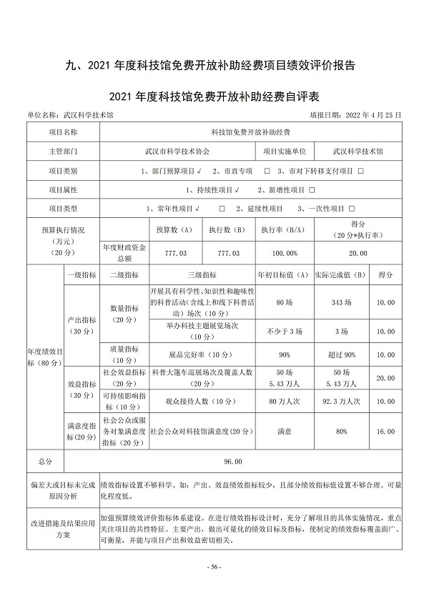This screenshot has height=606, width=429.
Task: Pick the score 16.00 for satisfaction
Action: tap(385, 432)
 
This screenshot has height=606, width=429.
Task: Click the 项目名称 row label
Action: tap(63, 132)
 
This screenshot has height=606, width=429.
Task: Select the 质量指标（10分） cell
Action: tap(124, 354)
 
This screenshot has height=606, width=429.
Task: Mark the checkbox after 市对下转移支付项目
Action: tap(361, 172)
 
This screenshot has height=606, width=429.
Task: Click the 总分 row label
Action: tap(45, 462)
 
